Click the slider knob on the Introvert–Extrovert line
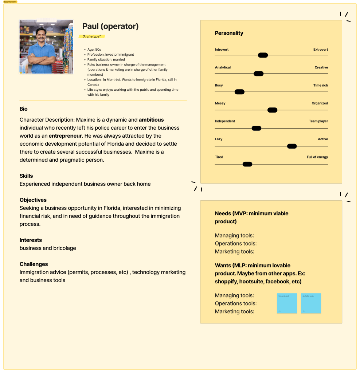tap(263, 55)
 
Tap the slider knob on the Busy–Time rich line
tap(239, 92)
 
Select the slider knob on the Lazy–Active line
tap(292, 146)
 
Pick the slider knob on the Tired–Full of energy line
tap(247, 164)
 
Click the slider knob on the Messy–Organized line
tap(272, 110)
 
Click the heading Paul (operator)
tap(110, 26)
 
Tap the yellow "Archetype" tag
tap(92, 36)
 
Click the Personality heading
tap(229, 33)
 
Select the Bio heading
tap(24, 109)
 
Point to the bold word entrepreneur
tap(65, 136)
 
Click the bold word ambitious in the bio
tap(151, 120)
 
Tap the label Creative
tap(321, 67)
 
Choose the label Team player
tap(318, 121)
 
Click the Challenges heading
tap(34, 264)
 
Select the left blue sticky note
tap(287, 303)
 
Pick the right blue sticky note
tap(311, 303)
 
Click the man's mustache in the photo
tap(41, 37)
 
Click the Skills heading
tap(26, 176)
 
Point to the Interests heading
tap(31, 240)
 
